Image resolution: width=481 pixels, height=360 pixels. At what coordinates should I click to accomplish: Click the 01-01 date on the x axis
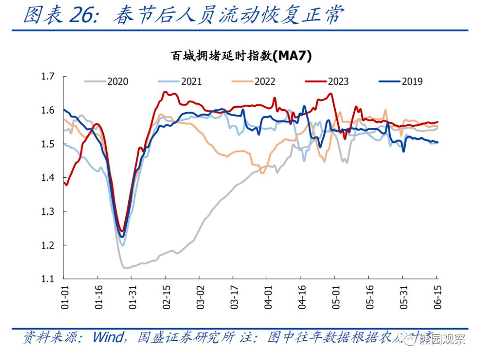click(65, 298)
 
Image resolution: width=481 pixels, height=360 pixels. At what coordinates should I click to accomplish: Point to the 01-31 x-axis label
click(133, 298)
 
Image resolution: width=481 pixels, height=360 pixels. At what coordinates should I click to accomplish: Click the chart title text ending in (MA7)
click(240, 56)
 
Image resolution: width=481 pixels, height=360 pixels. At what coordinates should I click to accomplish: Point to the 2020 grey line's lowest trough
click(126, 267)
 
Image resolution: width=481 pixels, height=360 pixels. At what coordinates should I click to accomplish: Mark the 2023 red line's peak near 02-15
click(165, 92)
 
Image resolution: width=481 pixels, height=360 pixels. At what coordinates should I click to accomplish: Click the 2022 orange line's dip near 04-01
click(261, 173)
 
